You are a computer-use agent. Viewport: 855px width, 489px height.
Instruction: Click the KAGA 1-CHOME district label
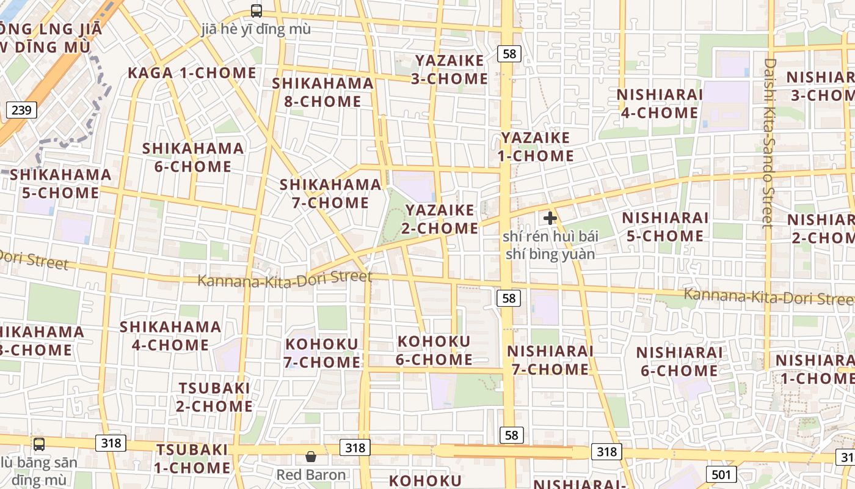click(192, 73)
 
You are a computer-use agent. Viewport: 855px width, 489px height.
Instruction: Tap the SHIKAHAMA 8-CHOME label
click(322, 92)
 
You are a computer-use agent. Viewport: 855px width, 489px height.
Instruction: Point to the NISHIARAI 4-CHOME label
click(659, 104)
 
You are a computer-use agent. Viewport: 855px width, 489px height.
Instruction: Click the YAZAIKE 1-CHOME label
click(536, 147)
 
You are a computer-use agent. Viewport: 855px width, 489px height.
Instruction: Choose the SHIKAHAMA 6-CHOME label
click(193, 158)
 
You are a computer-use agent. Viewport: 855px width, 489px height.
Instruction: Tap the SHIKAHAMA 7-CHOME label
click(330, 194)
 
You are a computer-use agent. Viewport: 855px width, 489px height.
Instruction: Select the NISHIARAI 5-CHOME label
click(664, 227)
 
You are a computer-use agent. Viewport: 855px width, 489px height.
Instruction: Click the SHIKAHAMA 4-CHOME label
click(170, 336)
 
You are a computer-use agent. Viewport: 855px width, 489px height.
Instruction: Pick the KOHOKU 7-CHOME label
click(322, 353)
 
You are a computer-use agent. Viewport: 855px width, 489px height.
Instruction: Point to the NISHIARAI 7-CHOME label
click(550, 360)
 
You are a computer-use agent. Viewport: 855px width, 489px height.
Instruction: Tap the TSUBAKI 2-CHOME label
click(214, 397)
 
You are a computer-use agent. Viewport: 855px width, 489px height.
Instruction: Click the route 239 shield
click(21, 110)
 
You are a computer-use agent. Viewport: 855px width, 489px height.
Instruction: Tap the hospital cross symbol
click(550, 218)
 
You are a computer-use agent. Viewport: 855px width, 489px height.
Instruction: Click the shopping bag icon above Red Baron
click(311, 457)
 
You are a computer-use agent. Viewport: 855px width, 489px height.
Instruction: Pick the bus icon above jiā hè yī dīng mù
click(256, 10)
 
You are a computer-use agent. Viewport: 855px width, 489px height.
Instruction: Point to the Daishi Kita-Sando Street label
click(769, 143)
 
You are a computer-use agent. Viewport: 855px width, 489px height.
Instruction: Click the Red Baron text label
click(311, 475)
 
